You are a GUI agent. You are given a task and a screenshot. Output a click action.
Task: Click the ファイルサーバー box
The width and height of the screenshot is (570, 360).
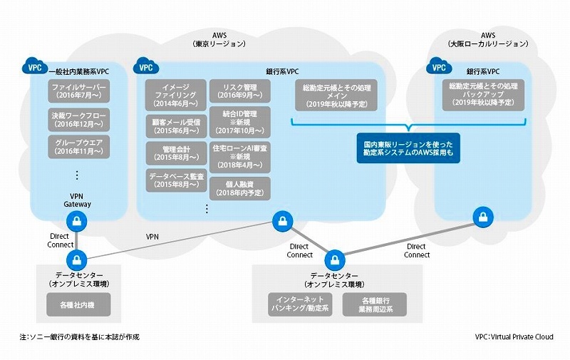pyautogui.click(x=78, y=92)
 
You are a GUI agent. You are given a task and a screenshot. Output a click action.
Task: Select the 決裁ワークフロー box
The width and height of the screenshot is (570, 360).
pyautogui.click(x=78, y=118)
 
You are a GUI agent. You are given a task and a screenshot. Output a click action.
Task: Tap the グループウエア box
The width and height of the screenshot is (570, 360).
pyautogui.click(x=78, y=145)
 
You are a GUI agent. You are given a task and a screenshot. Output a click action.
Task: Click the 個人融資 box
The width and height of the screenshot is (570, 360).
pyautogui.click(x=239, y=188)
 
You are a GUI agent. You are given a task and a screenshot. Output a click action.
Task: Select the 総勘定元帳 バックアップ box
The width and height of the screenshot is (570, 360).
pyautogui.click(x=484, y=94)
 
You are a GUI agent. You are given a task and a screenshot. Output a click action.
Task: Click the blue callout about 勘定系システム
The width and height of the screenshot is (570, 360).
pyautogui.click(x=409, y=148)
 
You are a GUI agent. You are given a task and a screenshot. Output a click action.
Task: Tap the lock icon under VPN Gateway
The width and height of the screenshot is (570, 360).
pyautogui.click(x=77, y=222)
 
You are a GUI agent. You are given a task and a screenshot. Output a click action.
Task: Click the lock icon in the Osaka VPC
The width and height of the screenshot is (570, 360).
pyautogui.click(x=483, y=216)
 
